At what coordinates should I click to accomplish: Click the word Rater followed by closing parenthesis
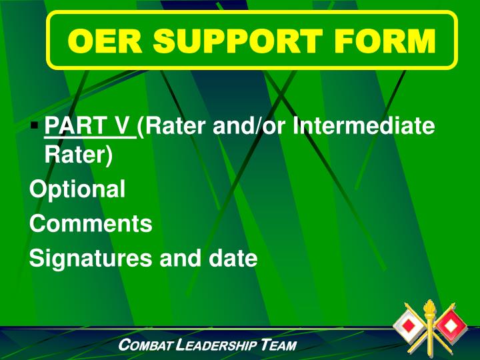pyautogui.click(x=78, y=155)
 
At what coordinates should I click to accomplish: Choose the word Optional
pyautogui.click(x=77, y=189)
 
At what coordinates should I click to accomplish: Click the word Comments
pyautogui.click(x=91, y=223)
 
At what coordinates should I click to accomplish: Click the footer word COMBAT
pyautogui.click(x=146, y=345)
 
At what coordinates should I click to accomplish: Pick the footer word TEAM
pyautogui.click(x=280, y=345)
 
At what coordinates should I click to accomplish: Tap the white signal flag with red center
pyautogui.click(x=407, y=327)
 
